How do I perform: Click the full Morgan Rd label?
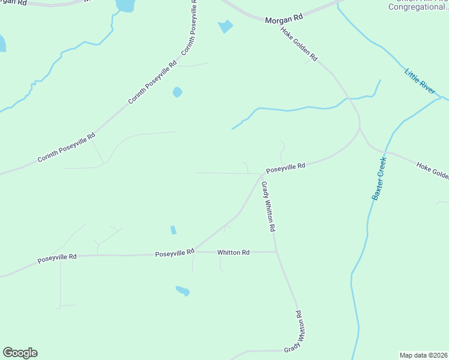coord(284,19)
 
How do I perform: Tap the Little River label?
coord(420,82)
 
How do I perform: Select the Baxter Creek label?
coord(377,179)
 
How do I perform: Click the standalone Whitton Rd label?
coord(234,253)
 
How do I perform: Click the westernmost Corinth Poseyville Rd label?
coord(66,148)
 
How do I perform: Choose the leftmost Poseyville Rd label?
coord(57,258)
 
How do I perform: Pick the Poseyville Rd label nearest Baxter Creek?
coord(286,167)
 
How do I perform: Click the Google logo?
coord(20,353)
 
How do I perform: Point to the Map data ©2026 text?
coord(423,355)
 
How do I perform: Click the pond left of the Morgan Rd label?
coord(226,26)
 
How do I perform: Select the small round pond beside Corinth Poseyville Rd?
coord(177,92)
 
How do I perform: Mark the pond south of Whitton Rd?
coord(182,291)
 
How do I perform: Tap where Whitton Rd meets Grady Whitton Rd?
coord(276,252)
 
